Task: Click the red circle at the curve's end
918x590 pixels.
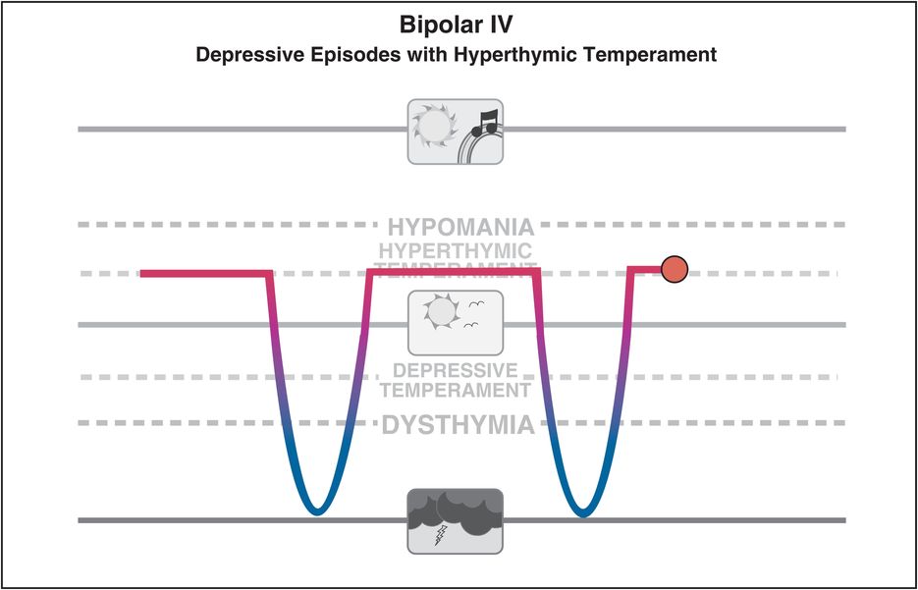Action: [674, 268]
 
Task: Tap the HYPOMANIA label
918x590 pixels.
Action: [460, 226]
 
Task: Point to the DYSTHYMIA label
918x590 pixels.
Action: [458, 426]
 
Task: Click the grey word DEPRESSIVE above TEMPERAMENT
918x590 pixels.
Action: [455, 370]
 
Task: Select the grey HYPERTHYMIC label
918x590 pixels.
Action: [456, 250]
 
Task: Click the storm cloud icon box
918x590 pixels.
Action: [455, 519]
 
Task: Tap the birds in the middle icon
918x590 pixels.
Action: [476, 307]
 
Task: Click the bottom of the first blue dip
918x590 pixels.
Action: [315, 510]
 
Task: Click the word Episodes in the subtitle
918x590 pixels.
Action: [333, 55]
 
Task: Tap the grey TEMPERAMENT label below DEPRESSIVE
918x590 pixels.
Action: [456, 390]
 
